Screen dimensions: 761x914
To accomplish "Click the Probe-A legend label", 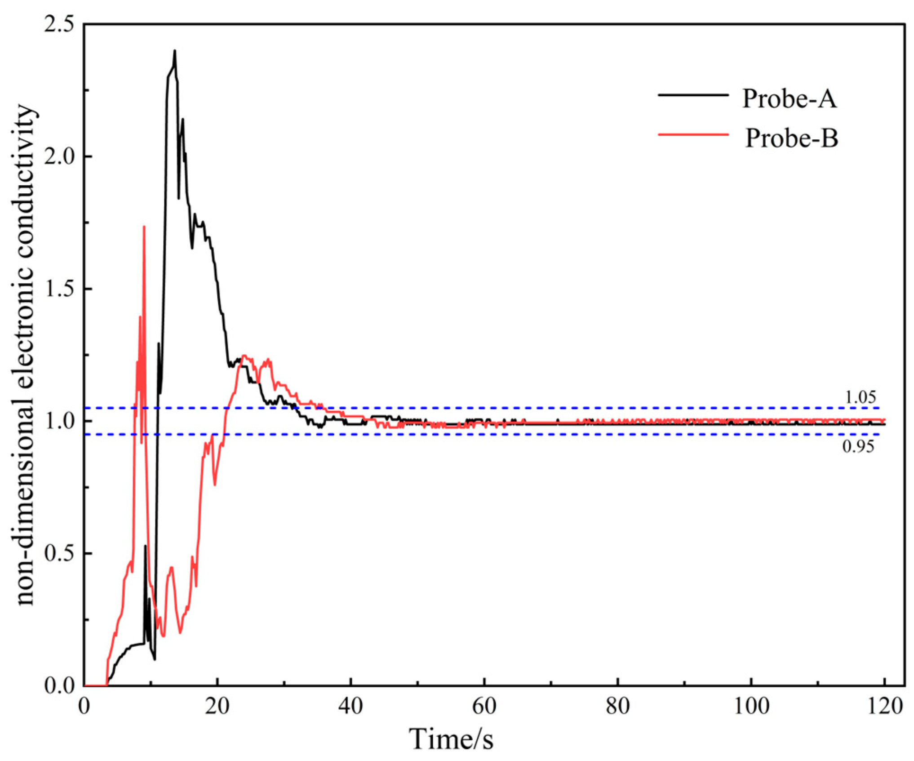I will tap(789, 98).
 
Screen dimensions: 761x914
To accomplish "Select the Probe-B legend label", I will tap(791, 138).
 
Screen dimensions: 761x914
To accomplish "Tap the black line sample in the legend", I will tap(693, 95).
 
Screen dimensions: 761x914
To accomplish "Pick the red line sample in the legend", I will tap(693, 134).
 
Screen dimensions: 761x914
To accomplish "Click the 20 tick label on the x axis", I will tap(217, 706).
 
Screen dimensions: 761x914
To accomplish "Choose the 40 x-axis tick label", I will tap(351, 706).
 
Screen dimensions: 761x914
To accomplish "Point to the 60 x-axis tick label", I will tap(484, 706).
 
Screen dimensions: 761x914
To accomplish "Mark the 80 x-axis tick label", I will tap(617, 706).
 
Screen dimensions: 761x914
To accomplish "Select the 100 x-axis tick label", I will tap(751, 706).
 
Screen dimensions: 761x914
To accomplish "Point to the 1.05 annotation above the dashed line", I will tap(860, 397).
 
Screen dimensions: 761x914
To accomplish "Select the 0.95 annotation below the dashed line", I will tap(858, 446).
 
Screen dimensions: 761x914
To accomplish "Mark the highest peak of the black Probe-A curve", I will tap(175, 51).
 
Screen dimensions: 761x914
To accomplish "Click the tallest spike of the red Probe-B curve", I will tap(144, 227).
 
